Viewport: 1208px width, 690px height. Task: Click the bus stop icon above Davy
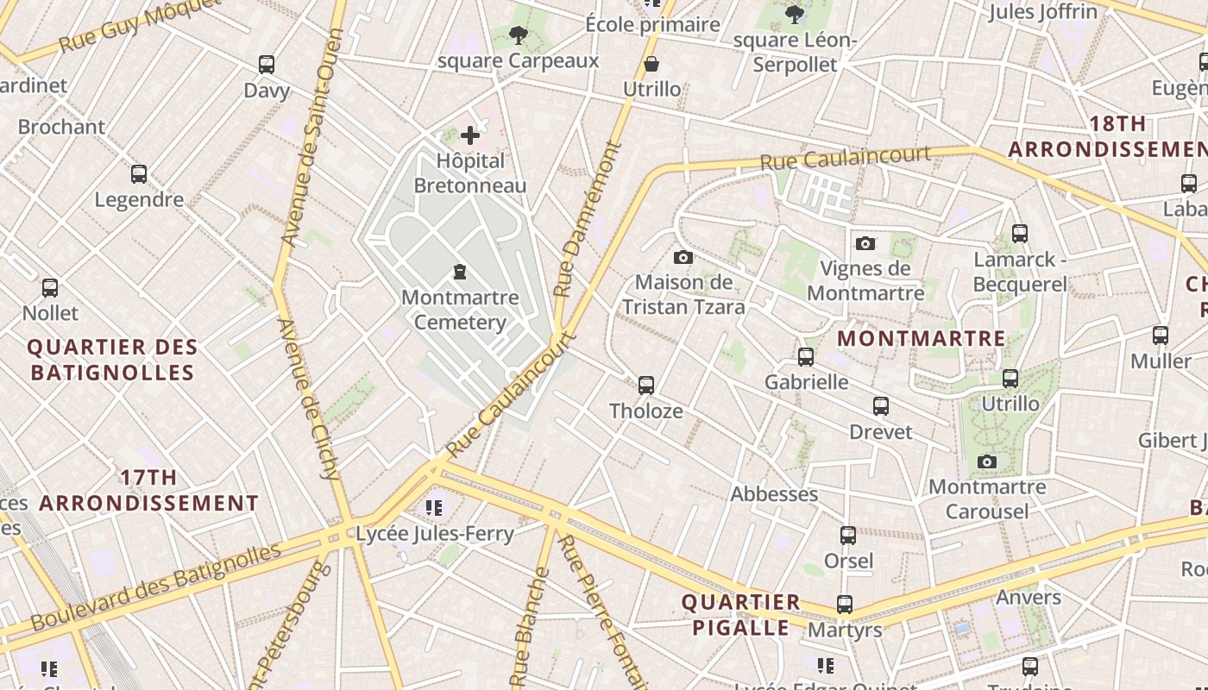coord(267,65)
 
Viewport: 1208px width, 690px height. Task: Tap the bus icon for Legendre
coord(139,174)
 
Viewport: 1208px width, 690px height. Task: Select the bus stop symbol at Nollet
coord(50,288)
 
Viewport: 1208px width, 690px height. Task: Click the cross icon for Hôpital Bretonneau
coord(470,135)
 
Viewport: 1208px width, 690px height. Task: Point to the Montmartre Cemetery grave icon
coord(460,273)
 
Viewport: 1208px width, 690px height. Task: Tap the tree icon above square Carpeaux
coord(519,35)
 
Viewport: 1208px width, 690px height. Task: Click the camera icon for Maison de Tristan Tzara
coord(683,257)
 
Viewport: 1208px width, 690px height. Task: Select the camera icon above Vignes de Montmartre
coord(865,243)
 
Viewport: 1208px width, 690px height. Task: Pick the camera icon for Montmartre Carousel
coord(987,462)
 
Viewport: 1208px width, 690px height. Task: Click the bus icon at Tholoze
coord(646,386)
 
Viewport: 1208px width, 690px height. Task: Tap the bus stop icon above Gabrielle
coord(806,357)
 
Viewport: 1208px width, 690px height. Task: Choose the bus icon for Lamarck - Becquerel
coord(1020,234)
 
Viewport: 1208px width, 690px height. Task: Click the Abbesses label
coord(774,494)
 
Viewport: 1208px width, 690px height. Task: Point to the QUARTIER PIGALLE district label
coord(740,615)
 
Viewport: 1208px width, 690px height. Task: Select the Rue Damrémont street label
coord(588,220)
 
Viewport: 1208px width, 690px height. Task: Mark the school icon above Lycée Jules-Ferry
coord(434,508)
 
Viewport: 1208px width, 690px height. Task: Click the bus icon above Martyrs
coord(845,605)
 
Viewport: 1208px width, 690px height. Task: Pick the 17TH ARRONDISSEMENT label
coord(149,490)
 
